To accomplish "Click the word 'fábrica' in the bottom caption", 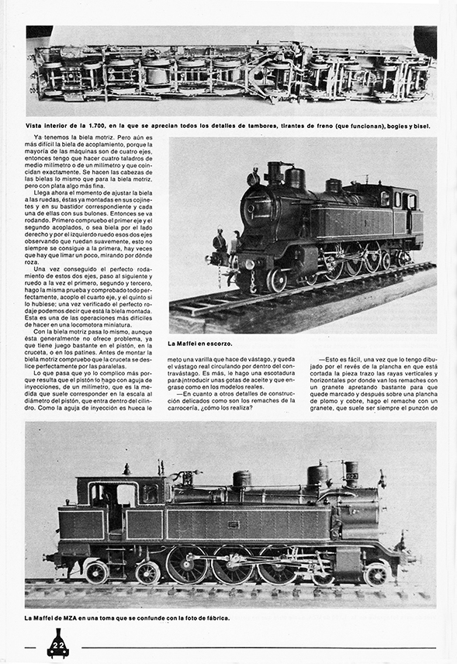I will [x=215, y=617].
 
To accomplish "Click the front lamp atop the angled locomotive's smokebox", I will [x=253, y=178].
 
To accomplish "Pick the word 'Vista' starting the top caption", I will [x=38, y=125].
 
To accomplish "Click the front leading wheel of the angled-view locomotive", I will [x=276, y=280].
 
